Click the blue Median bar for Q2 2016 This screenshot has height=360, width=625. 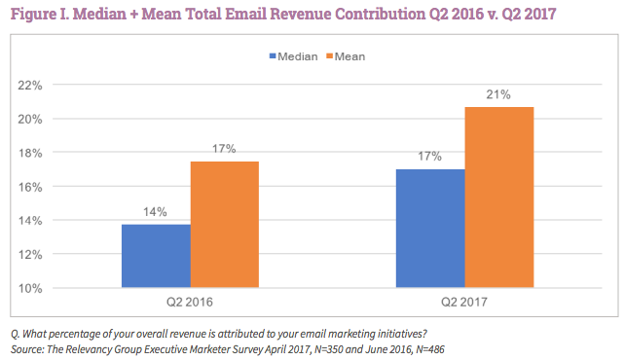[x=156, y=256]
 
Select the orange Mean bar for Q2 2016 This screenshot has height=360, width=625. [x=224, y=225]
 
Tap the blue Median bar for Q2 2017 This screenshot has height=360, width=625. [x=430, y=229]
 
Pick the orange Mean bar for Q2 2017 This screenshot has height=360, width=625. [x=499, y=198]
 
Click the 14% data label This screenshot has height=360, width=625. [x=156, y=212]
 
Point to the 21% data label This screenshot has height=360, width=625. [x=499, y=94]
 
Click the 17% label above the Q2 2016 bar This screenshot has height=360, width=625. [x=224, y=149]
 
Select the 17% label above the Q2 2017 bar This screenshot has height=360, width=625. [x=430, y=156]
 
